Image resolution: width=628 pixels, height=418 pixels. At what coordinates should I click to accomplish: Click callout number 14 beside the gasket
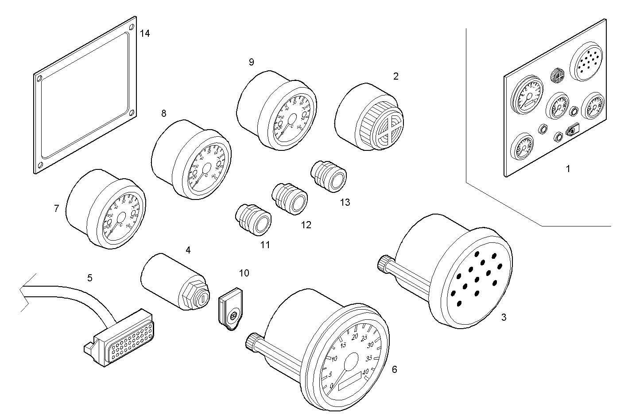pyautogui.click(x=145, y=33)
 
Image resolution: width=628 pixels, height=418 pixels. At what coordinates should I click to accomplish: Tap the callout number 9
pyautogui.click(x=251, y=62)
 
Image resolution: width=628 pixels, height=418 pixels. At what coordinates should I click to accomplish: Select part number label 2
pyautogui.click(x=395, y=76)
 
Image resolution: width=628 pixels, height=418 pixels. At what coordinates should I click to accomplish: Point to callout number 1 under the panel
pyautogui.click(x=568, y=169)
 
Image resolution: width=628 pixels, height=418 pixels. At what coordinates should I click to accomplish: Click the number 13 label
pyautogui.click(x=345, y=202)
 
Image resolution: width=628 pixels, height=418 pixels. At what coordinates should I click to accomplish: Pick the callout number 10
pyautogui.click(x=244, y=273)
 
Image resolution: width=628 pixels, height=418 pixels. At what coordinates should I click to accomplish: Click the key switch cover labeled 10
pyautogui.click(x=230, y=309)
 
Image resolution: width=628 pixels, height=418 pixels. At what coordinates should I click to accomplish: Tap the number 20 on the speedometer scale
pyautogui.click(x=354, y=337)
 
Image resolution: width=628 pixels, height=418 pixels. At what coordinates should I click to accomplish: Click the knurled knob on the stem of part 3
pyautogui.click(x=383, y=264)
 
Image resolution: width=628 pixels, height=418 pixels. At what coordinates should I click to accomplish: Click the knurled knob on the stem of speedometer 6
pyautogui.click(x=251, y=342)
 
